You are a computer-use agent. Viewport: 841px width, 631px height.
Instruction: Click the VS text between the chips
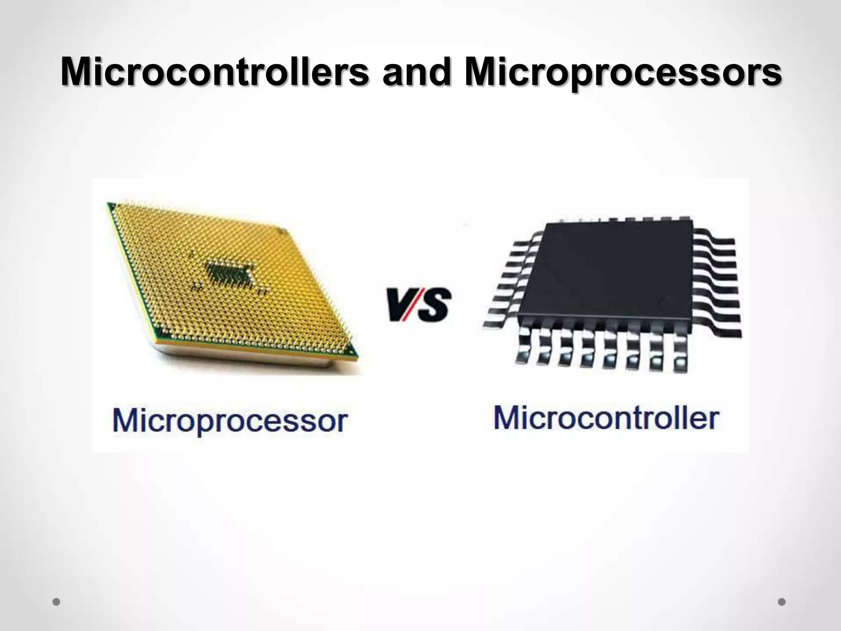click(418, 304)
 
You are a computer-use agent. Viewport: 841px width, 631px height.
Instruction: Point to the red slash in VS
click(416, 304)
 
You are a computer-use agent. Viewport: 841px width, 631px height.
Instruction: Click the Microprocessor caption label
click(230, 421)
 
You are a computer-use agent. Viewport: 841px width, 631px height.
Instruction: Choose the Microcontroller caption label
click(606, 418)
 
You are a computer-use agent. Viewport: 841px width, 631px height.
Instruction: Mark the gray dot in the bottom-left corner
click(57, 602)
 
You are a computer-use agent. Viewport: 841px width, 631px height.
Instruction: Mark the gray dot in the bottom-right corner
click(782, 602)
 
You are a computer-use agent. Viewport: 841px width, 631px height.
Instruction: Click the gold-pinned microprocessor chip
click(230, 279)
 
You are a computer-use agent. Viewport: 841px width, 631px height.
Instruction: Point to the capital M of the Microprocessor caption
click(126, 420)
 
